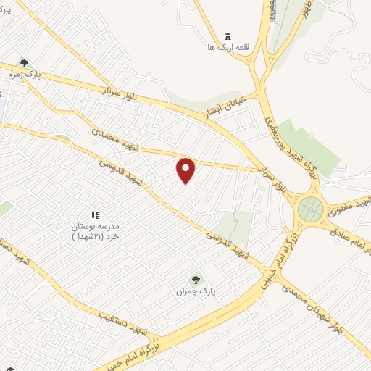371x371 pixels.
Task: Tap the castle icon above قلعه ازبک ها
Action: point(228,36)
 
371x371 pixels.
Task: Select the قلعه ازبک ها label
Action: point(228,47)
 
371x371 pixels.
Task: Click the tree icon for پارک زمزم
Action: point(24,64)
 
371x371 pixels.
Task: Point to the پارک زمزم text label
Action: point(24,75)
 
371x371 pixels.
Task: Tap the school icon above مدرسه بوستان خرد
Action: point(94,215)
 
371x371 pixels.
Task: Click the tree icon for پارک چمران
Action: point(195,279)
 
